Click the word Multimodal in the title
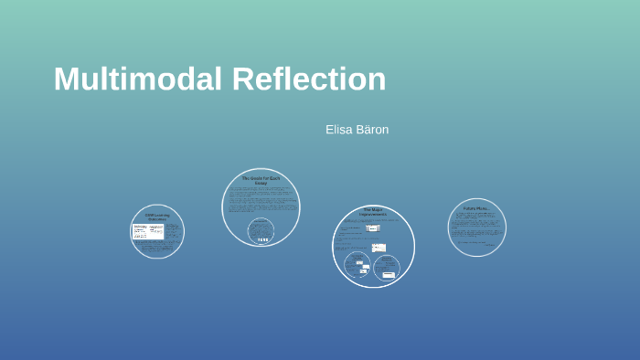click(138, 79)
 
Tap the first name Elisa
click(340, 130)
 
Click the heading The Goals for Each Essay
click(261, 180)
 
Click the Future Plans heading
click(476, 208)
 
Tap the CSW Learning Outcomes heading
click(157, 217)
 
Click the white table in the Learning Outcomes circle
click(147, 231)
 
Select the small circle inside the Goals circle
click(261, 231)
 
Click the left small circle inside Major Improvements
click(357, 266)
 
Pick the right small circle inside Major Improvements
click(387, 268)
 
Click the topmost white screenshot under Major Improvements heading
click(373, 228)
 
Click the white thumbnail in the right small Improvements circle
click(389, 274)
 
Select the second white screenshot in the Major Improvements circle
click(379, 248)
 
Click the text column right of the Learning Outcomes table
click(173, 231)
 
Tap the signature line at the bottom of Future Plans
click(489, 246)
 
